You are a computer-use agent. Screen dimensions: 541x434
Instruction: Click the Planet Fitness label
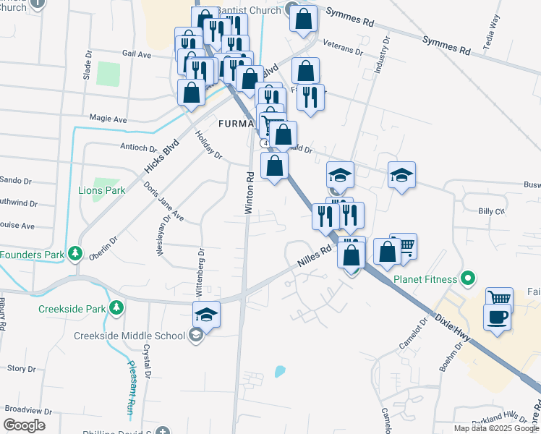[425, 279]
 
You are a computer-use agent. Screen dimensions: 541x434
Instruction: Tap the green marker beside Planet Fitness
[467, 278]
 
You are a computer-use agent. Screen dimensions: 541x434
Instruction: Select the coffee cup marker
[498, 318]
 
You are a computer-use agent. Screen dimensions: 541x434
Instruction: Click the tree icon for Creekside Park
[116, 308]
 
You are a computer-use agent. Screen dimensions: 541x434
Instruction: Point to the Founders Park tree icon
[74, 254]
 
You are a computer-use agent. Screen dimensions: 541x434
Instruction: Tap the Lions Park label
[101, 190]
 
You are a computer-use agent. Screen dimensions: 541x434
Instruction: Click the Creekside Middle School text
[129, 336]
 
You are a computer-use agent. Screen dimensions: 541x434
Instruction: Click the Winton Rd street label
[249, 192]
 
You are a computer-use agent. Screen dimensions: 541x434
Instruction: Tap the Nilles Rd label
[315, 256]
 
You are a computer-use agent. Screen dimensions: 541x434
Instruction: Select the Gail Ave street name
[137, 54]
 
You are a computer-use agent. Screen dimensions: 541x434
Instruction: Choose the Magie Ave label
[108, 119]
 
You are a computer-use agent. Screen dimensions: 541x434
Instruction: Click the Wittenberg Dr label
[200, 273]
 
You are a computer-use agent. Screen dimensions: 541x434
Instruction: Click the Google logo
[24, 425]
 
